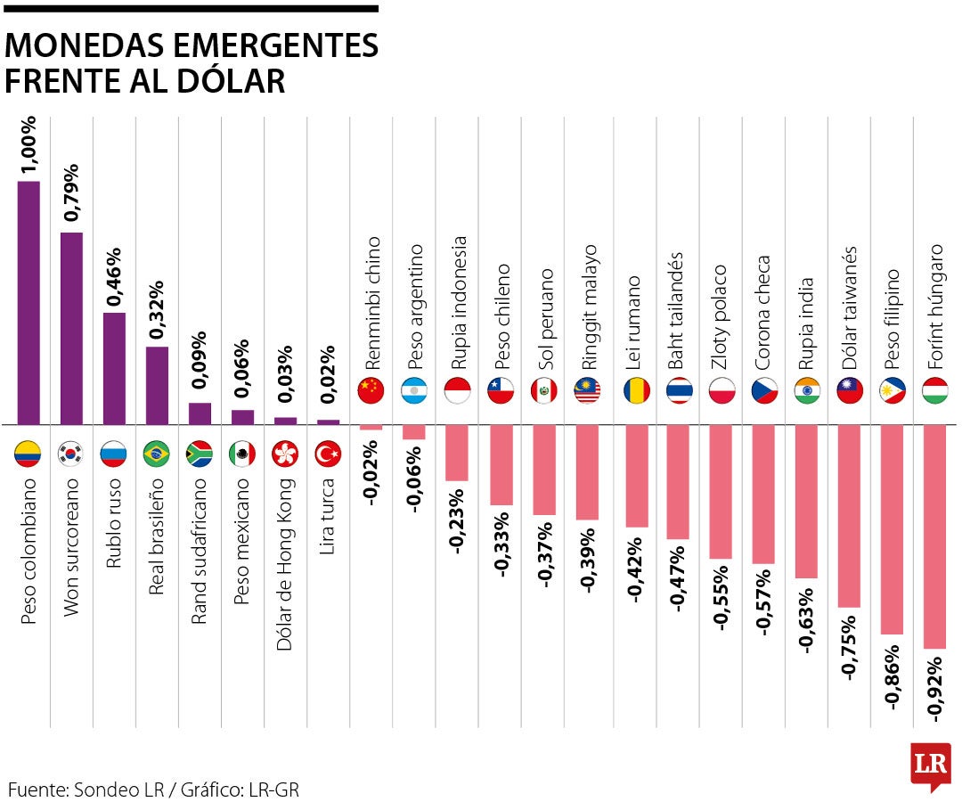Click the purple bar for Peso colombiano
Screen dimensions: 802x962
[x=29, y=303]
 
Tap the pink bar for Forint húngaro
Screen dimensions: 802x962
[x=934, y=536]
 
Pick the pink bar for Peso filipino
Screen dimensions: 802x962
[x=892, y=529]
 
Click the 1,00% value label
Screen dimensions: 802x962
[x=29, y=143]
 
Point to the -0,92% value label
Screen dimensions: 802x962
[x=934, y=685]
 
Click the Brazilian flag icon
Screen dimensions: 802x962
[x=157, y=454]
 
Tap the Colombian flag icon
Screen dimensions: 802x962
[x=29, y=454]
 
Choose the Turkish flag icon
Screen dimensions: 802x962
[x=329, y=454]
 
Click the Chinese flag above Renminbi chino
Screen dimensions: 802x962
[x=371, y=390]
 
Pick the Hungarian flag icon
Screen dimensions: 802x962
[x=934, y=390]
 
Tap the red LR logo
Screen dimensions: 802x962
[x=931, y=765]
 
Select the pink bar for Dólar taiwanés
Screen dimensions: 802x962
[x=849, y=516]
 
